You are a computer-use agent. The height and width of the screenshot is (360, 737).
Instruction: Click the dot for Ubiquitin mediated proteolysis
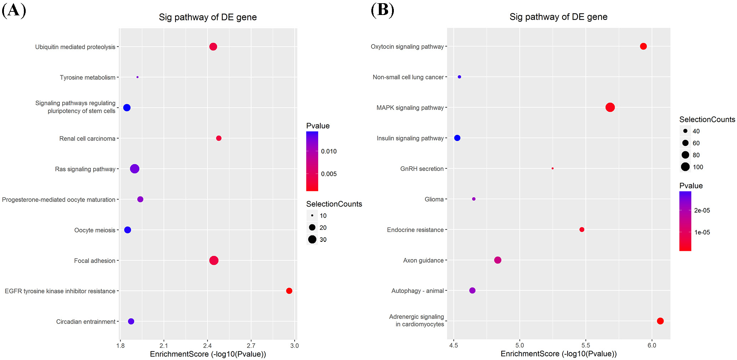point(213,47)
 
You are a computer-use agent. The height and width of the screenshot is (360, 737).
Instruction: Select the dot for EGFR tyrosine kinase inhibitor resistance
point(289,291)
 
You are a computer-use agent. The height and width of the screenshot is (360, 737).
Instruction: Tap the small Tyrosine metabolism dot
point(137,77)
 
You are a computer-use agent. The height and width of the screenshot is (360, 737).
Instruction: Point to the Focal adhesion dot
point(214,260)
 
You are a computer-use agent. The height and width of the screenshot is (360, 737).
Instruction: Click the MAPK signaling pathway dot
point(610,107)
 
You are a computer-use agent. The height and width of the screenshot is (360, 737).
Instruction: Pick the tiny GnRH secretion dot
point(553,168)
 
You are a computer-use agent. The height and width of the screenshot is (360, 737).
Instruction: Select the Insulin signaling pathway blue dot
point(457,138)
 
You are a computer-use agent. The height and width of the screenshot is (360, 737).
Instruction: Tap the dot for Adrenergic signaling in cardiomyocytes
point(660,321)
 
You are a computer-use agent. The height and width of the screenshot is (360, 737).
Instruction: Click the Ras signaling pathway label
point(85,169)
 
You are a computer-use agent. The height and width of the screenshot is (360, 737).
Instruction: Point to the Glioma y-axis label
point(434,199)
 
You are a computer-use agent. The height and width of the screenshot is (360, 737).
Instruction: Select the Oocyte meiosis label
point(95,230)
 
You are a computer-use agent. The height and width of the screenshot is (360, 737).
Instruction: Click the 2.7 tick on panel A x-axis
point(251,345)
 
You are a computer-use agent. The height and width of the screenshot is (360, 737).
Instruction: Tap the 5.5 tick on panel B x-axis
point(585,345)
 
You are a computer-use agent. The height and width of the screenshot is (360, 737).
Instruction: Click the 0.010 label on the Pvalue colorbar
point(329,151)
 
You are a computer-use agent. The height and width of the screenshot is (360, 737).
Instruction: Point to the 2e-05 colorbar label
point(702,211)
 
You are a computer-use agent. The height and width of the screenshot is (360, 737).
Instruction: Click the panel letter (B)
point(382,10)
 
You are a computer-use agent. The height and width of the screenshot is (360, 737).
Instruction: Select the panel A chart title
point(208,17)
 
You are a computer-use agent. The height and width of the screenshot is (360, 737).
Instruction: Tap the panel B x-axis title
point(558,354)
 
